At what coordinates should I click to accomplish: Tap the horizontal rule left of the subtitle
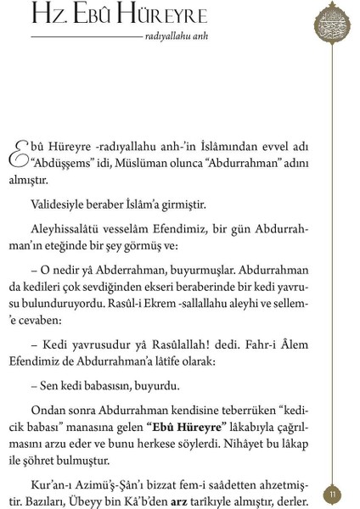86,38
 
